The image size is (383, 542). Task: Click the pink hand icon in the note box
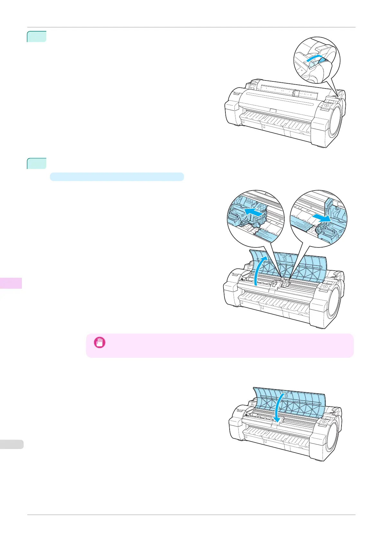[99, 343]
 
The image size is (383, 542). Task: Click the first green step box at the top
[37, 36]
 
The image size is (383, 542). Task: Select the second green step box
[37, 163]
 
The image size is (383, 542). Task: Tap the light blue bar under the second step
[117, 177]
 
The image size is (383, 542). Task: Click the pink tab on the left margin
[11, 283]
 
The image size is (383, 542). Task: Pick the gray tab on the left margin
[12, 444]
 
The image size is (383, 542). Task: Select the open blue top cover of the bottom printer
[289, 399]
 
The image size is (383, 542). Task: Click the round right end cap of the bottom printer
[333, 439]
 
